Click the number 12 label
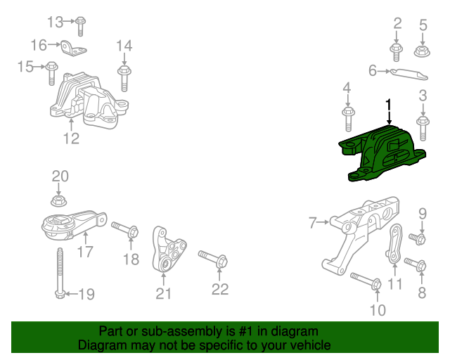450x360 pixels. pos(71,139)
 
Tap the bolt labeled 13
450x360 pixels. pos(80,24)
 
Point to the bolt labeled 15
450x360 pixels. pos(51,72)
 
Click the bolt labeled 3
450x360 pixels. pos(423,126)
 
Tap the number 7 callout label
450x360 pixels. pos(313,224)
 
